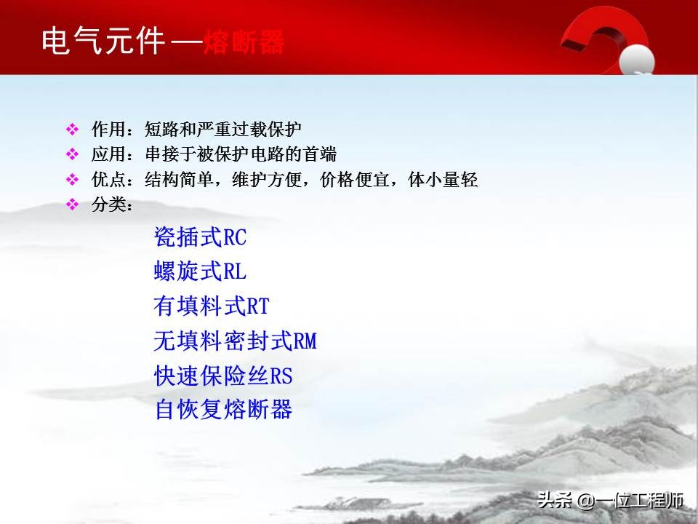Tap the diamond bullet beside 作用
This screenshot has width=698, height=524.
tap(72, 130)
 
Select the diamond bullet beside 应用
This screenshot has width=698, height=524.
tap(72, 154)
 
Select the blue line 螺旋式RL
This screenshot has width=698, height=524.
tap(200, 271)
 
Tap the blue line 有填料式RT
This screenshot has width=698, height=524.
tap(211, 306)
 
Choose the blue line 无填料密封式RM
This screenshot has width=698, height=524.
tap(235, 340)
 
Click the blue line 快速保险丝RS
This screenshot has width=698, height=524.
tap(223, 376)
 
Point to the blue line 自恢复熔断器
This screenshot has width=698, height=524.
tap(223, 409)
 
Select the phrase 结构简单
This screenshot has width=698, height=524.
tap(169, 180)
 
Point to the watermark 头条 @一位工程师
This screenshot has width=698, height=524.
tap(610, 501)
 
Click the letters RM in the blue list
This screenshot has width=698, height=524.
tap(305, 341)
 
